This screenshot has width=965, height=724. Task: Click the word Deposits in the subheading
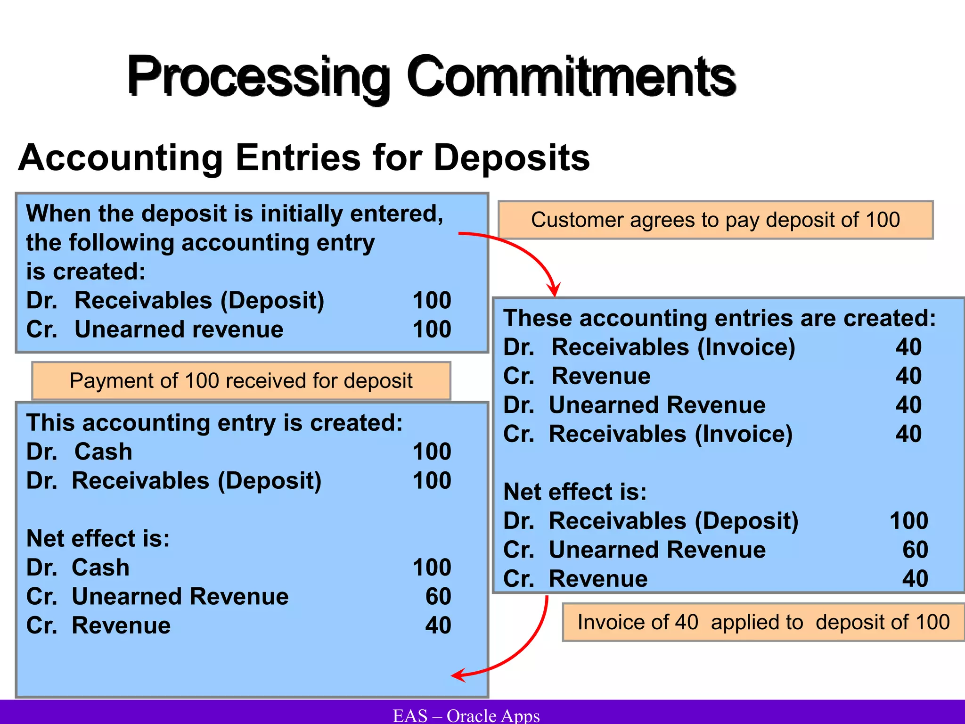click(511, 158)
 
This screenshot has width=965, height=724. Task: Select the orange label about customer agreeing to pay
click(715, 220)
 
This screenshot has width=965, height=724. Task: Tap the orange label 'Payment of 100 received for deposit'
click(241, 381)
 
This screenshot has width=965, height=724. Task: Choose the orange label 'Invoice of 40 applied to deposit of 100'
click(763, 622)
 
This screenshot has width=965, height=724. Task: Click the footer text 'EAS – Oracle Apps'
click(466, 716)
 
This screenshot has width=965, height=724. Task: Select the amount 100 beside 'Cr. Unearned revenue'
click(432, 329)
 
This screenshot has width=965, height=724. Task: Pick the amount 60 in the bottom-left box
click(438, 597)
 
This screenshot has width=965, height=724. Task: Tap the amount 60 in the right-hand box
click(915, 550)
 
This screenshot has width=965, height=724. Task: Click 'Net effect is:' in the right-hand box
click(575, 492)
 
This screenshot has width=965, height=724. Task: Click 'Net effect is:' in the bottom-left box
click(98, 539)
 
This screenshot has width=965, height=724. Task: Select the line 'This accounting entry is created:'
click(214, 423)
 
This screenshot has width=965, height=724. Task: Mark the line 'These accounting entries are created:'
click(720, 318)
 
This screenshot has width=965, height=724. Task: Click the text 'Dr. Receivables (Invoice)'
click(649, 347)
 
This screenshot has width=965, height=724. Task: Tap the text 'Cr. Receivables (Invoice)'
click(648, 434)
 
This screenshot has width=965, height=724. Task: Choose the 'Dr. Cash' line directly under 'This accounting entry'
click(79, 452)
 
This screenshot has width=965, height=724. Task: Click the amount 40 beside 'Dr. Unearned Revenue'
click(908, 405)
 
